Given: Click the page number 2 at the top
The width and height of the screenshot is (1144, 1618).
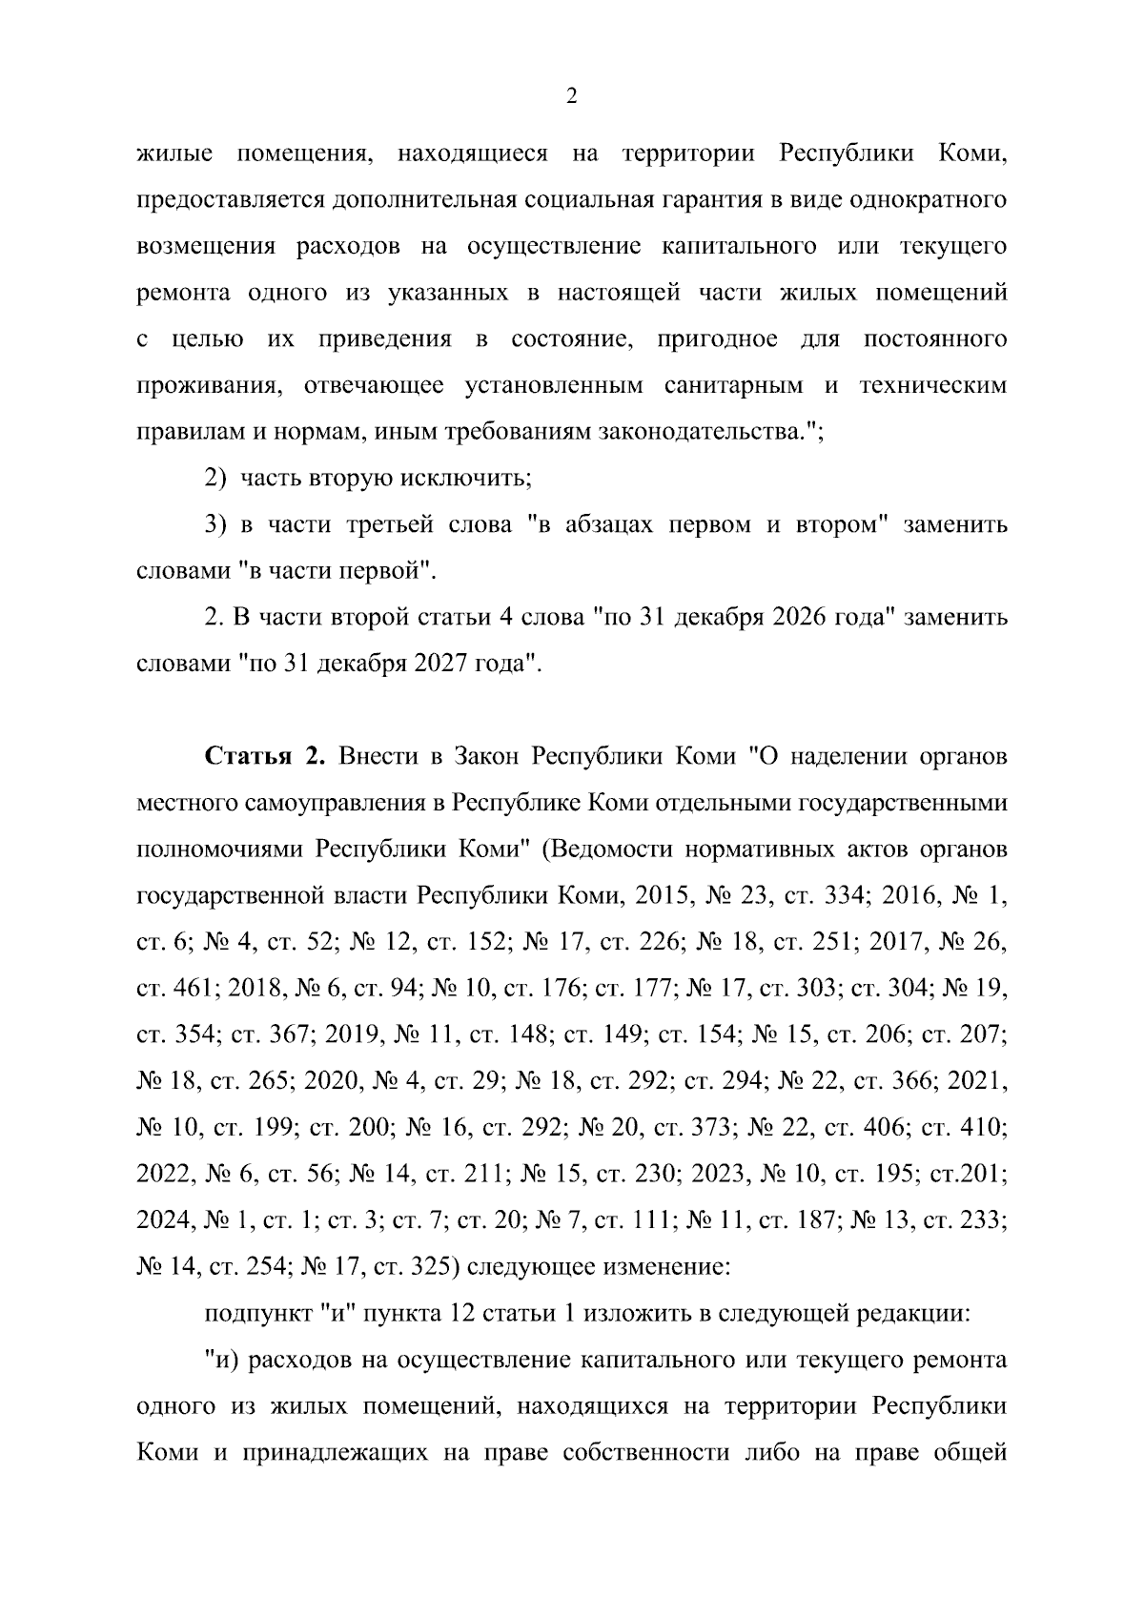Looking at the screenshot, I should pyautogui.click(x=571, y=95).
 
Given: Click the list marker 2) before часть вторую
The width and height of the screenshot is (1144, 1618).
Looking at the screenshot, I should pyautogui.click(x=218, y=478).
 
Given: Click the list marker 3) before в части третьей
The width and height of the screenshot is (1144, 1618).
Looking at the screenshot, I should pyautogui.click(x=218, y=524).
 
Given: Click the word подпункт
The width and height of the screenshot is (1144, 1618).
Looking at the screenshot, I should pyautogui.click(x=256, y=1313).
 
